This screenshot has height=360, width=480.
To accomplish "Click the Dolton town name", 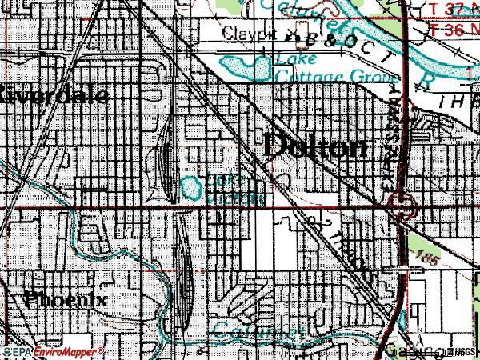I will (x=316, y=146).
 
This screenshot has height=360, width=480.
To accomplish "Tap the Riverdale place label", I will (x=54, y=94).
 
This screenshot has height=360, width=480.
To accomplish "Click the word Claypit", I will (x=249, y=34).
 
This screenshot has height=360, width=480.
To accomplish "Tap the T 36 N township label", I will (x=454, y=28).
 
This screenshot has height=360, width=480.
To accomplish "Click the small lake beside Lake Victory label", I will (x=191, y=190).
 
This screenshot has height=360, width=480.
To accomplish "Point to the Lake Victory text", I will (x=234, y=189).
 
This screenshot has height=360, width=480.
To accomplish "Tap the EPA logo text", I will (x=20, y=351).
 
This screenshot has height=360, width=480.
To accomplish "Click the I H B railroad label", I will (x=456, y=102).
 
